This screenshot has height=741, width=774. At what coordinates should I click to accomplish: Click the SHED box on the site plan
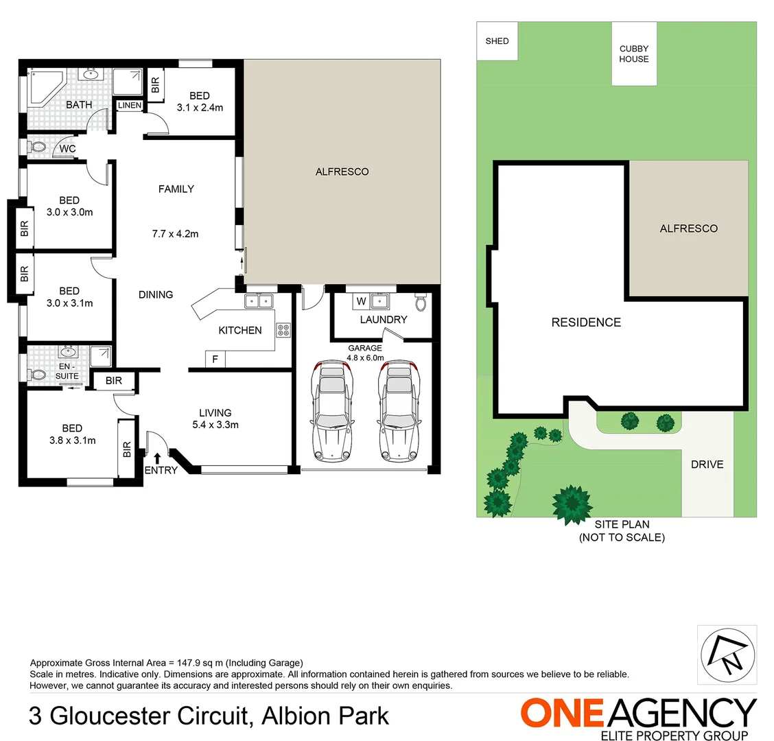497,41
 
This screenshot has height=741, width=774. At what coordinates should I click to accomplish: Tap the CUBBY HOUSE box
634,54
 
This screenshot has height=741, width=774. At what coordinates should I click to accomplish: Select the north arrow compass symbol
727,654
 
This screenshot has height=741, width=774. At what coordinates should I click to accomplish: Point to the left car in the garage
331,412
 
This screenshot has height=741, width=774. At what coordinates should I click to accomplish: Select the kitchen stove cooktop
283,330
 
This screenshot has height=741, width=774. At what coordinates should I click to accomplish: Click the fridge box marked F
215,359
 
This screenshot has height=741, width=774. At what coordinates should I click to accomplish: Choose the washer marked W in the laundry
361,301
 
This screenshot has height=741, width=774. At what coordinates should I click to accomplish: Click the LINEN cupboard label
130,106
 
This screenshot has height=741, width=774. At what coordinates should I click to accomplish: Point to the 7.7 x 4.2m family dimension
175,234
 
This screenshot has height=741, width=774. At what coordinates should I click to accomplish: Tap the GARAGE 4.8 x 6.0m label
364,353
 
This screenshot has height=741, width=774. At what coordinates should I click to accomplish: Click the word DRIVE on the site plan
707,464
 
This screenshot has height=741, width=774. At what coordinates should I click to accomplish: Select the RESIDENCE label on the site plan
586,322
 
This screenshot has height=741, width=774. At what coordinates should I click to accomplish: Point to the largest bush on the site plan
572,504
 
